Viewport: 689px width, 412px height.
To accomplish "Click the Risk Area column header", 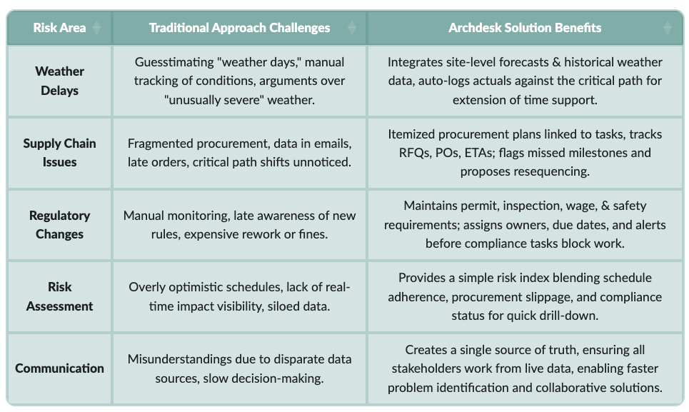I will pyautogui.click(x=59, y=28).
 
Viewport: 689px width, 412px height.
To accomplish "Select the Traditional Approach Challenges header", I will pyautogui.click(x=239, y=28).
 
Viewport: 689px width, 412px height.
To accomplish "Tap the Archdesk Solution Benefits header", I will pyautogui.click(x=525, y=28).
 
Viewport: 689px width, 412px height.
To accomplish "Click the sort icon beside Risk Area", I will pyautogui.click(x=97, y=28).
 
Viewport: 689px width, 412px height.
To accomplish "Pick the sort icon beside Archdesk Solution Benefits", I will pyautogui.click(x=668, y=28).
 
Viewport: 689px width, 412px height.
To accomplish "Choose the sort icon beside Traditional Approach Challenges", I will pyautogui.click(x=351, y=28).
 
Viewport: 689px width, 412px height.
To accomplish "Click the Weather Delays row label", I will pyautogui.click(x=59, y=81).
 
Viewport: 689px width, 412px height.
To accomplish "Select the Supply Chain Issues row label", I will pyautogui.click(x=59, y=152).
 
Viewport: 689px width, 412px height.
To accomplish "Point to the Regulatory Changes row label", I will pyautogui.click(x=59, y=224).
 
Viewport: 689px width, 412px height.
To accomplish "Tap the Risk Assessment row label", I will pyautogui.click(x=59, y=296).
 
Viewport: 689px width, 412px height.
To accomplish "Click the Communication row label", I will pyautogui.click(x=59, y=368).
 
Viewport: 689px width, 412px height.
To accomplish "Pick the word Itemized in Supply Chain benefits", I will pyautogui.click(x=412, y=134).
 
